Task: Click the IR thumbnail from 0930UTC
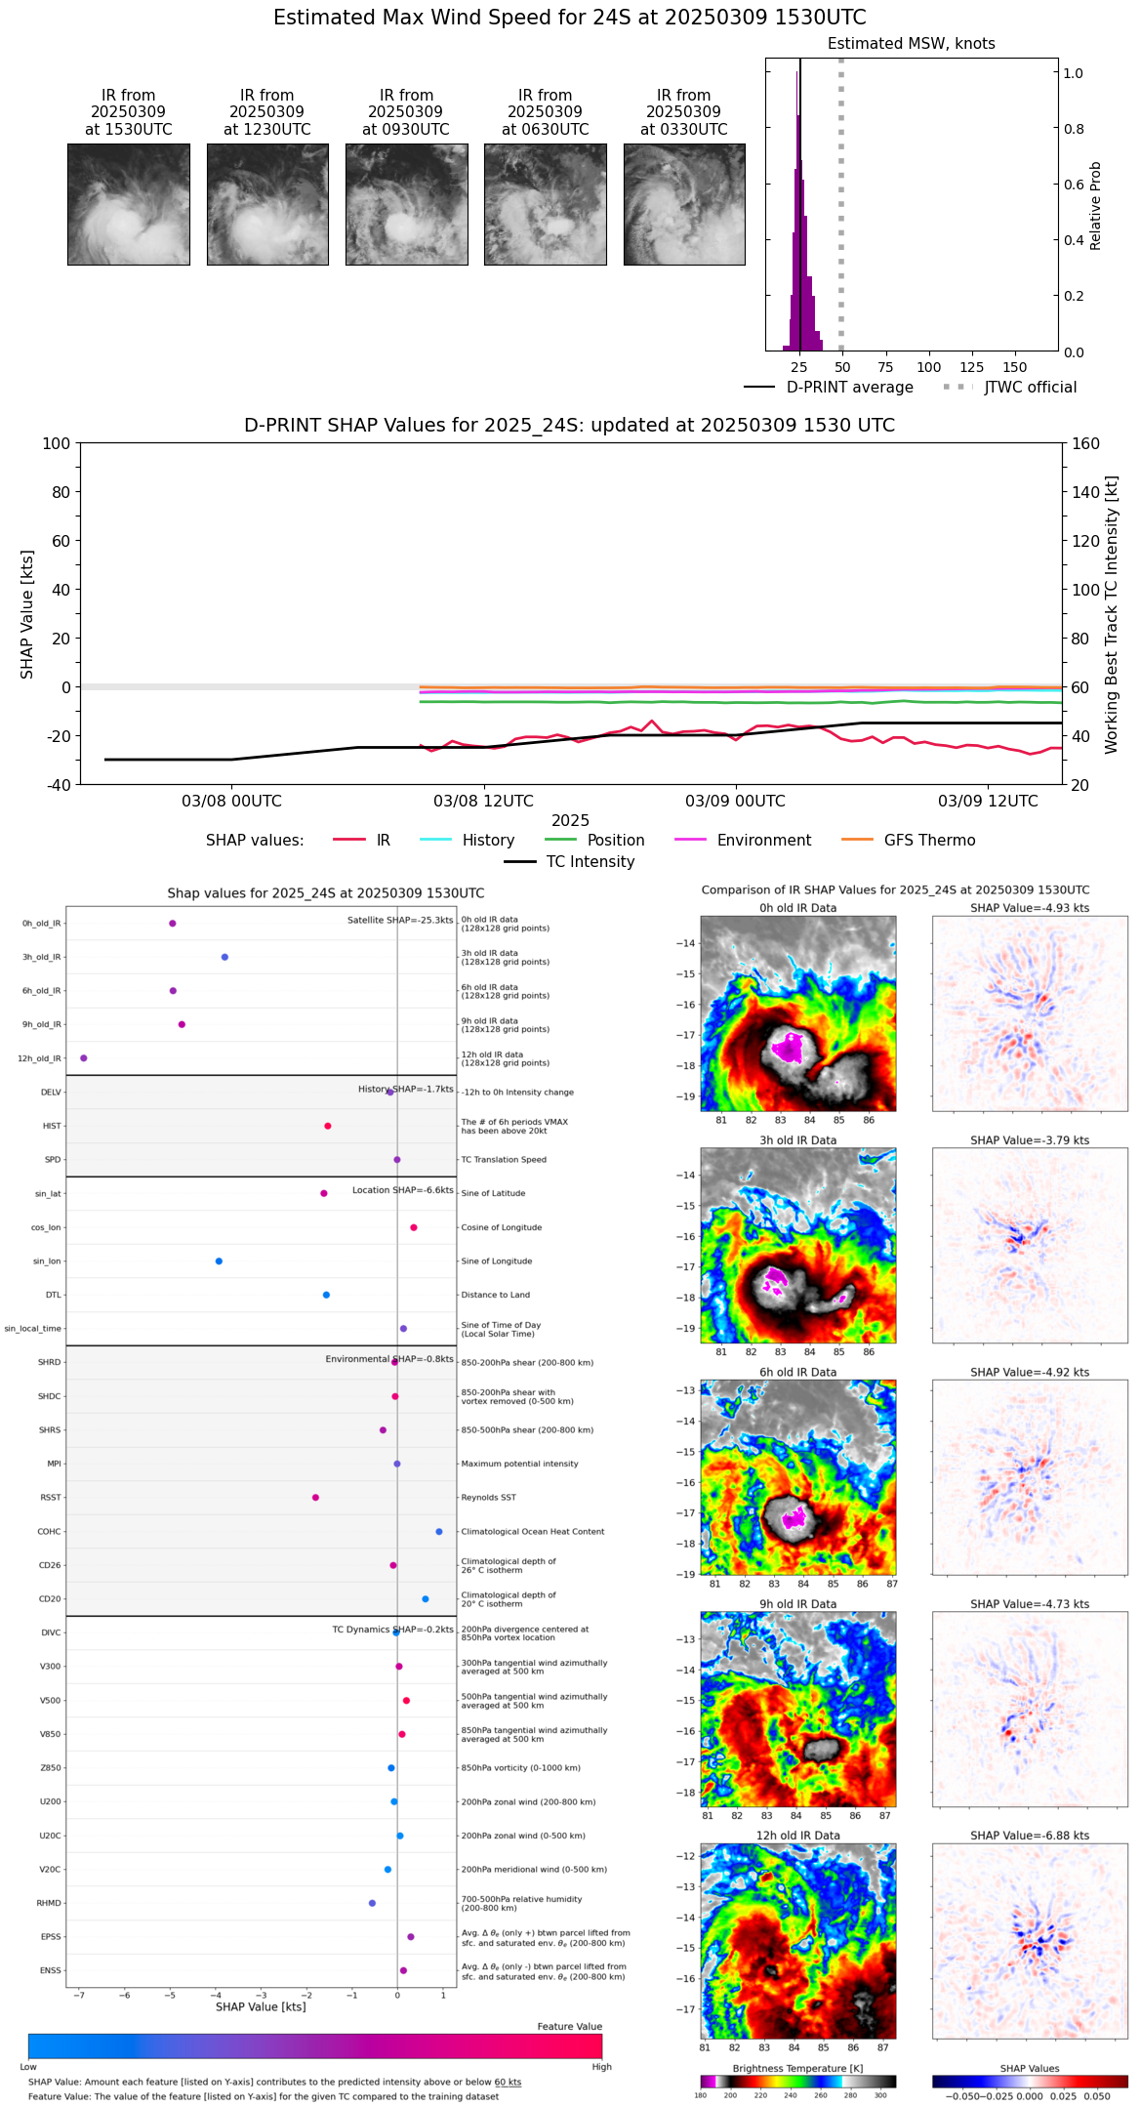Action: pos(406,204)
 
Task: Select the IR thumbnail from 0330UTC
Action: pos(684,204)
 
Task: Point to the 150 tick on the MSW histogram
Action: pos(1015,367)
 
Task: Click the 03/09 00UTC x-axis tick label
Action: pos(735,802)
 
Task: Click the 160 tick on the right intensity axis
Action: pos(1086,443)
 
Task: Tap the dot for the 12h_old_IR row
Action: pos(84,1058)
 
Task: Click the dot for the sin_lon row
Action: pos(219,1261)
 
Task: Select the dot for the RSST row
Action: pos(315,1498)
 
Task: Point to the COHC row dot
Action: pos(439,1532)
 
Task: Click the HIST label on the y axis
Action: pos(52,1127)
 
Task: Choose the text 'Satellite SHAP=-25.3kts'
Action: pos(400,921)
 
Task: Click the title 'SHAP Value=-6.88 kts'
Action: pos(1030,1837)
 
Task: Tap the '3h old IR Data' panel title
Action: pos(797,1140)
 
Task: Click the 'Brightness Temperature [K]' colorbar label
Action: pos(797,2069)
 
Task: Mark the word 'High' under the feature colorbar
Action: pos(601,2067)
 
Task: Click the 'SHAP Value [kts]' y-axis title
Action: pos(27,614)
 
